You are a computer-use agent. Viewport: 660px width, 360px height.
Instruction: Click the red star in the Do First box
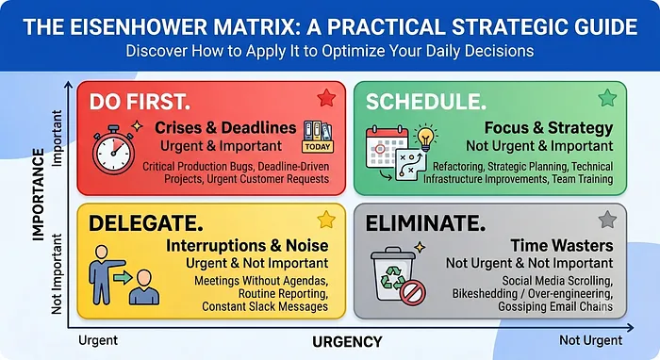point(326,98)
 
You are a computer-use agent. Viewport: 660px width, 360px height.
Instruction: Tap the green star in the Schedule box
point(607,98)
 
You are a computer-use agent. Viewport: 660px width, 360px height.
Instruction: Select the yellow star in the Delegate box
point(326,220)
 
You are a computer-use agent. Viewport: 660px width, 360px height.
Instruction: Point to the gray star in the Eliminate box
point(607,220)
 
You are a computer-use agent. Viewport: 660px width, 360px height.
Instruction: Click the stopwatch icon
point(114,149)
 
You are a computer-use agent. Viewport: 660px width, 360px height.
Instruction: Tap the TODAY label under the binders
point(318,147)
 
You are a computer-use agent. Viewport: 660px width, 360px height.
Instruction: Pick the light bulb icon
point(425,138)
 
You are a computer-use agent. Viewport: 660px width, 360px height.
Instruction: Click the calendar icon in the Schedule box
point(387,148)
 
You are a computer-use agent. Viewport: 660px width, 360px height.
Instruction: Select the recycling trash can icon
point(393,274)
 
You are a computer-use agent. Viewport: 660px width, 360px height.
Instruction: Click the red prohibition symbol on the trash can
point(413,292)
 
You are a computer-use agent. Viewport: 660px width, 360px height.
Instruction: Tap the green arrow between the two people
point(123,277)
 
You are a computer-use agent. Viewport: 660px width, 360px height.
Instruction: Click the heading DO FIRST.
point(140,102)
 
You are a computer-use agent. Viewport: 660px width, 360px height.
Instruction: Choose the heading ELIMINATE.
point(425,223)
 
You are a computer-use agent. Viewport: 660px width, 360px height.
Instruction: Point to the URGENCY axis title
point(347,341)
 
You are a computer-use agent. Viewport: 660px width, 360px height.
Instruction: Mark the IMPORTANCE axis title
point(39,194)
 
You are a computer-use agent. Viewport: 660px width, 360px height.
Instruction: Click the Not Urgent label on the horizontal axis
point(590,340)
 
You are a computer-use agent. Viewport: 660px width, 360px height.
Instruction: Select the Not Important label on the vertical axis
point(57,274)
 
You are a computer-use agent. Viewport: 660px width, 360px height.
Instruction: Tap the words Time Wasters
point(562,245)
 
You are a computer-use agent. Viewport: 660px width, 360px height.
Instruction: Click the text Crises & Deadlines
point(225,127)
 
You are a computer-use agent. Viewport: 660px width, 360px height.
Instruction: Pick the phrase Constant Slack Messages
point(265,306)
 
